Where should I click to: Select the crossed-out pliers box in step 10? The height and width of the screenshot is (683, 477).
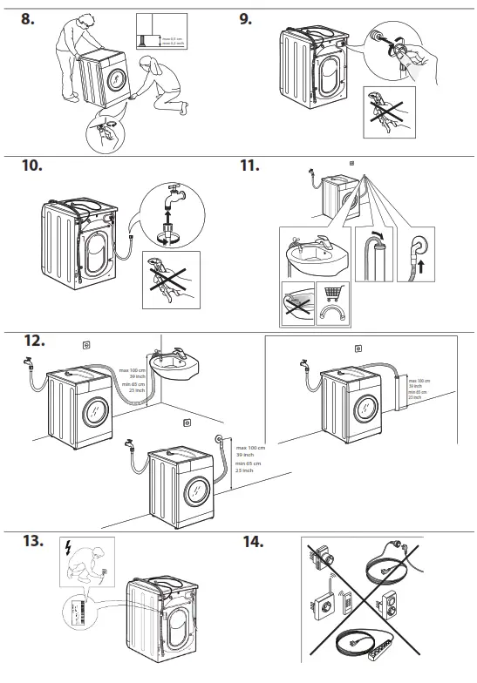point(171,279)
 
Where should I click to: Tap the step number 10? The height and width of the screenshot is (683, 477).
point(31,166)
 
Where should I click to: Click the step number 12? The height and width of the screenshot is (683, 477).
point(31,340)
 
